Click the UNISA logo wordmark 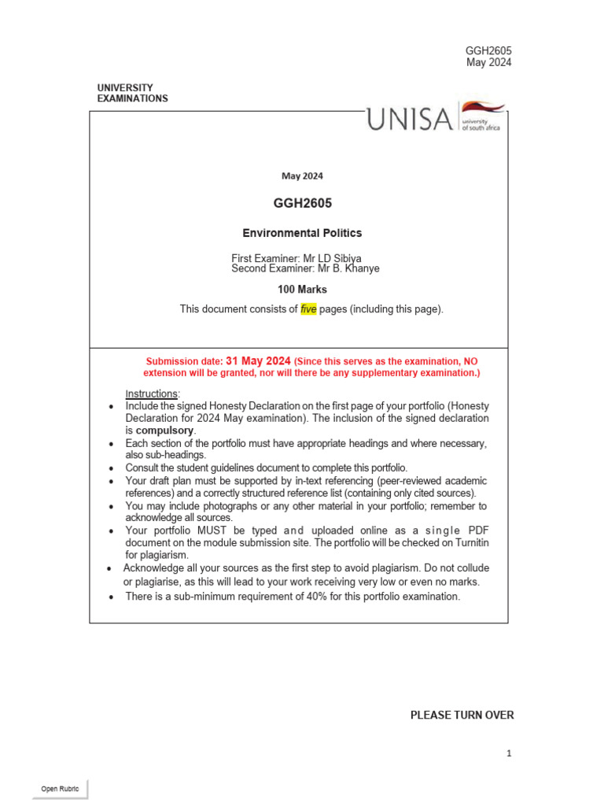point(409,120)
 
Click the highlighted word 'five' point(308,309)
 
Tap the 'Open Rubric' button point(61,789)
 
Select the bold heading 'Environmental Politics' point(302,233)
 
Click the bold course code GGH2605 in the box point(302,204)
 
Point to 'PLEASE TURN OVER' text point(462,715)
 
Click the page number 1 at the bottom point(509,753)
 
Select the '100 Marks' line point(302,290)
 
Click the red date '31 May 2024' point(258,360)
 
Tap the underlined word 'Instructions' point(153,394)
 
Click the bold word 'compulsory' point(165,431)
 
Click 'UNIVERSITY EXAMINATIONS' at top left point(132,93)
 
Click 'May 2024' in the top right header point(488,63)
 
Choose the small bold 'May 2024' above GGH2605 point(302,176)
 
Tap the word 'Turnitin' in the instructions point(469,543)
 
